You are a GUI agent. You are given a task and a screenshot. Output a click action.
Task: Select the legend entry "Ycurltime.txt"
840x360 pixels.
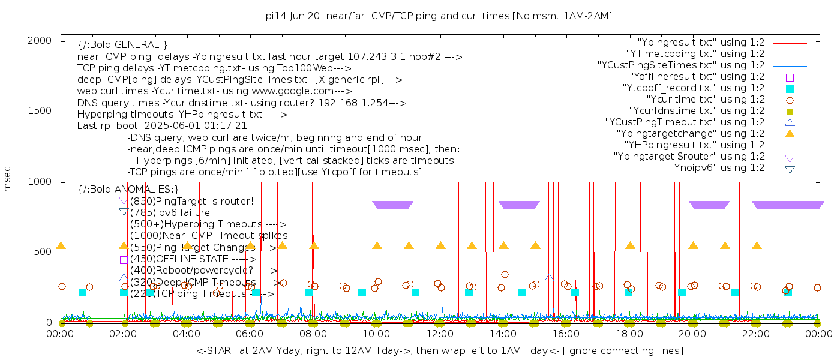point(706,100)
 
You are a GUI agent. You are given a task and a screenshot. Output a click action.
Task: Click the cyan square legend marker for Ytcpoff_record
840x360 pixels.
point(790,89)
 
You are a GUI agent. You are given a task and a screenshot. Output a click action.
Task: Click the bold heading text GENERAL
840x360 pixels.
point(123,45)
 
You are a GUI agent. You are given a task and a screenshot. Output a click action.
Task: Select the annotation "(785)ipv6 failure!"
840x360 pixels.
point(172,212)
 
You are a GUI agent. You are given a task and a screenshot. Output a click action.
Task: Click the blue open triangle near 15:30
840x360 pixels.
point(549,278)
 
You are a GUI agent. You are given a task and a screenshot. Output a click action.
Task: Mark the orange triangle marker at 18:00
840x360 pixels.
point(630,245)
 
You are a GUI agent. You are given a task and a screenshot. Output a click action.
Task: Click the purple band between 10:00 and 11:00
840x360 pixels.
point(392,205)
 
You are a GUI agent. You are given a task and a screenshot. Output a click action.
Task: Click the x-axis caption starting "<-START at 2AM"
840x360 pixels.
point(439,350)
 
